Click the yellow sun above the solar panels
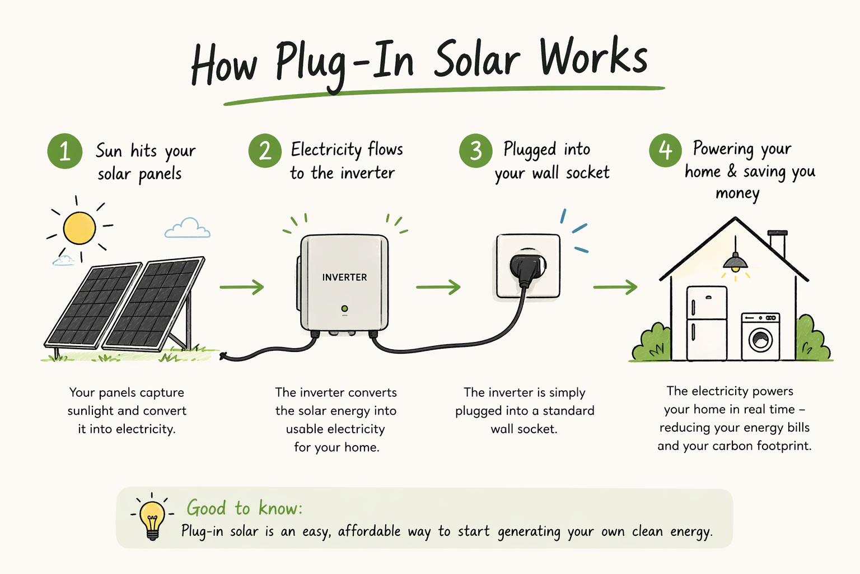pos(80,228)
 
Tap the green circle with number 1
pos(64,151)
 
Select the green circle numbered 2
pos(265,150)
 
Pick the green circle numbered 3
pos(475,150)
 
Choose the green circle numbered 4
pos(665,150)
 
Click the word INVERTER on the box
pos(344,277)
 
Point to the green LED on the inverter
pos(344,309)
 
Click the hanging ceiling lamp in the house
pos(735,262)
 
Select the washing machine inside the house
pos(760,336)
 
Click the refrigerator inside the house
pos(707,323)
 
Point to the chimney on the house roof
pos(777,243)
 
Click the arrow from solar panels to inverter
pos(241,287)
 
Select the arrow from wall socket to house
pos(615,287)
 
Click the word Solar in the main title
pos(476,59)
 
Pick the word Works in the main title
pos(593,57)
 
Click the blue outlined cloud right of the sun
pos(188,228)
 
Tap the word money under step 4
pos(737,194)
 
